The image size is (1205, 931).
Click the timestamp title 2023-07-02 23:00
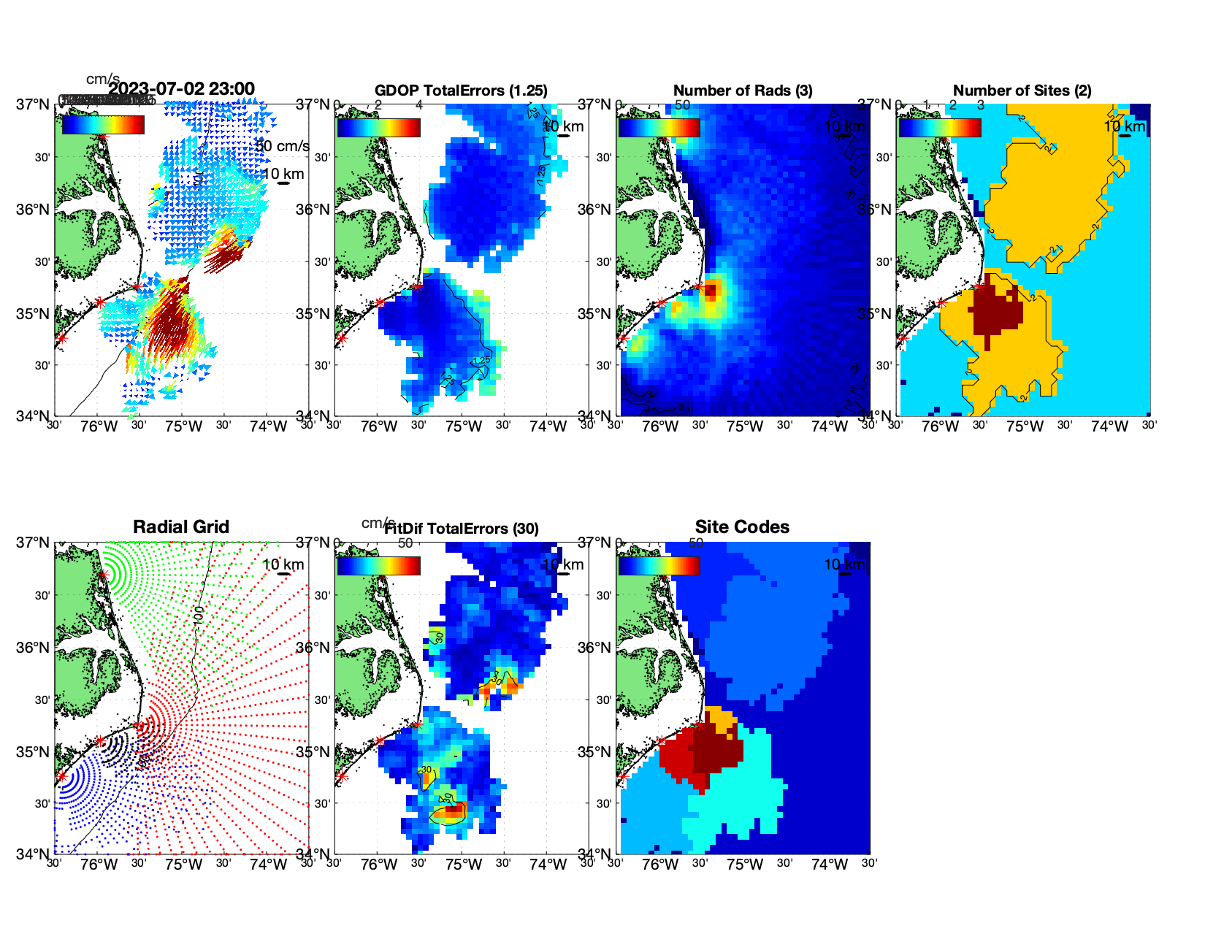(181, 89)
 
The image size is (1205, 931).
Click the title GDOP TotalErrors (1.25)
(461, 91)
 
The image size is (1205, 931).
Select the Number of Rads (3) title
(743, 91)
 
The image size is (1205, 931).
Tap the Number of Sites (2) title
(1022, 91)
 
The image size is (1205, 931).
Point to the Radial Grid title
(181, 527)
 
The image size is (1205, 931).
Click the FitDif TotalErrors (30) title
(462, 529)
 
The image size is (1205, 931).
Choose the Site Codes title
(742, 527)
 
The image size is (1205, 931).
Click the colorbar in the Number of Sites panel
(940, 127)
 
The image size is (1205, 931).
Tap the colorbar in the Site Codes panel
(659, 565)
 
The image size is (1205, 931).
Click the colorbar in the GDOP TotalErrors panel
(378, 127)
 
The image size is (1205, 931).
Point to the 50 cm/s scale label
(283, 146)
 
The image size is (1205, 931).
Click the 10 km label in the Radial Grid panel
(283, 564)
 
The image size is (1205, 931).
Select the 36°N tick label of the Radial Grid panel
(33, 648)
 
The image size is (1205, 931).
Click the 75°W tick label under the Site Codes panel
(744, 865)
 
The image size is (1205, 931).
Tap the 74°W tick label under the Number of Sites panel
(1109, 426)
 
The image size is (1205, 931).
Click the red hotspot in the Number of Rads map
(712, 291)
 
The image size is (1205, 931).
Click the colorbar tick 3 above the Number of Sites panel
(980, 105)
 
